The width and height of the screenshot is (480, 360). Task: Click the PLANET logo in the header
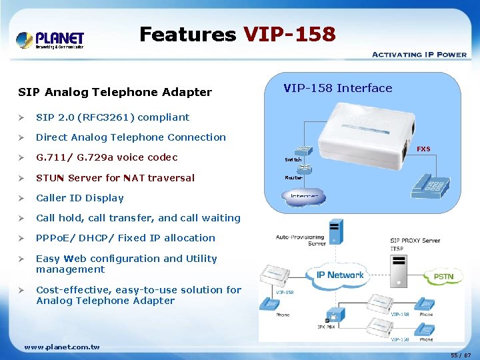(50, 40)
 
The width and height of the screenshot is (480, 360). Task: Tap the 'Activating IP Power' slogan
(419, 55)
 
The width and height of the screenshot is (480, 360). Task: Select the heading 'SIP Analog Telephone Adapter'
(115, 93)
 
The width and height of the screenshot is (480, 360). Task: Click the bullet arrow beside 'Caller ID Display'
(22, 198)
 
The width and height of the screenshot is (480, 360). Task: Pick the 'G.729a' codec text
(109, 157)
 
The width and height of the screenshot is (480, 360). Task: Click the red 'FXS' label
(423, 149)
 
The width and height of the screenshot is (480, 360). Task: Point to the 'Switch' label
(293, 160)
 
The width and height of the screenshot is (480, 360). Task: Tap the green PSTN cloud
(443, 275)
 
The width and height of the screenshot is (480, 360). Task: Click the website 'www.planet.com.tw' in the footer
(61, 347)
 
